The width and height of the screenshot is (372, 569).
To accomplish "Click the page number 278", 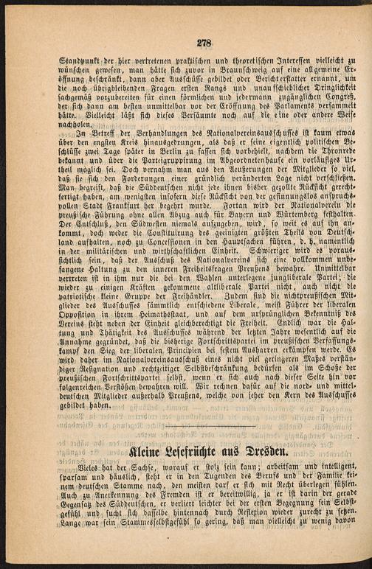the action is [195, 43].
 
